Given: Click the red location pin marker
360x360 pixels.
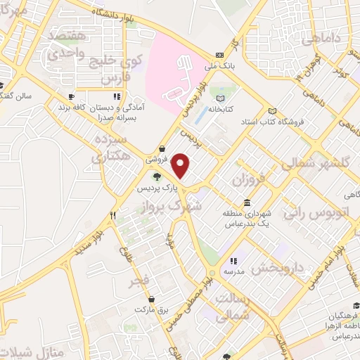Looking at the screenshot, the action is point(181,166).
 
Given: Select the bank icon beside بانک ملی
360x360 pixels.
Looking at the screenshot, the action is point(220,56).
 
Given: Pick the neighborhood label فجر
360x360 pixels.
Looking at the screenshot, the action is point(138,282).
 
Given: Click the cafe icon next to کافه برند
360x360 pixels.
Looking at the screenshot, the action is point(71,96).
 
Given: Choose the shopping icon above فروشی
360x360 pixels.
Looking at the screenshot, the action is point(163,148).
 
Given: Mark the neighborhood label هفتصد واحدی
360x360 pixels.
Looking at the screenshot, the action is point(67,43).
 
